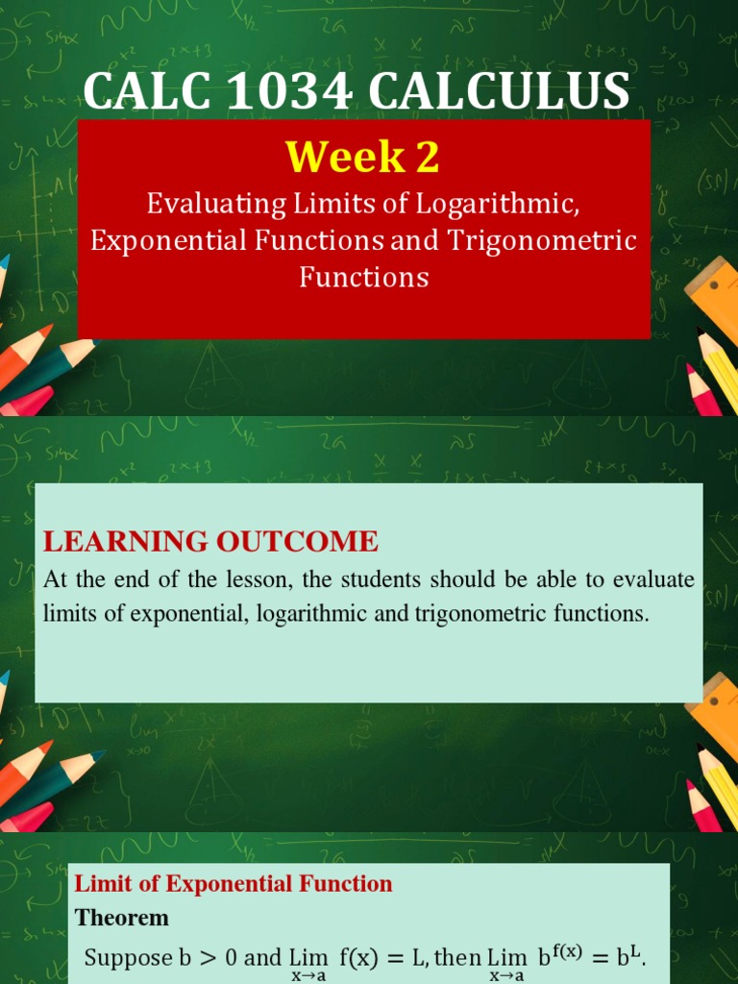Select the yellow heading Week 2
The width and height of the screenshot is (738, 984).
tap(363, 157)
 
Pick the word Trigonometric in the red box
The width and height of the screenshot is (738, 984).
tap(542, 240)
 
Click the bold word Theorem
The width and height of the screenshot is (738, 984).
tap(122, 918)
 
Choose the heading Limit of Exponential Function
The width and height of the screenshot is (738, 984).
tap(234, 884)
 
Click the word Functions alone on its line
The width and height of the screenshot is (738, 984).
tap(363, 277)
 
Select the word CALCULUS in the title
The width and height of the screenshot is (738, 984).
tap(499, 92)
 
